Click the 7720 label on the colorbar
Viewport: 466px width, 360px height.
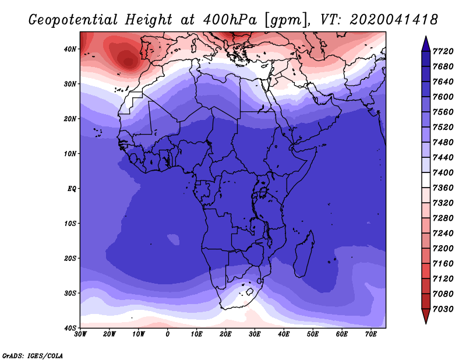tap(443, 51)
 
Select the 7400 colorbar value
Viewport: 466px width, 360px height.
tap(443, 172)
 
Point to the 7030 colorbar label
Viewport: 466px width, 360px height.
tap(443, 309)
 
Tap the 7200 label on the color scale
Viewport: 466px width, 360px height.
tap(443, 249)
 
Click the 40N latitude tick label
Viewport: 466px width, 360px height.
tap(70, 49)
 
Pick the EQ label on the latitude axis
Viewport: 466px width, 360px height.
tap(72, 189)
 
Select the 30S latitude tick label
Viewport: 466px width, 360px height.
tap(70, 294)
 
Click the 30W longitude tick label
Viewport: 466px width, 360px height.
tap(80, 334)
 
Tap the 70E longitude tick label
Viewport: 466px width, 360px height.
tap(371, 334)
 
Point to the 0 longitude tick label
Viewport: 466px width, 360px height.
tap(168, 334)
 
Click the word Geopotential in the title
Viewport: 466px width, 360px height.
tap(73, 20)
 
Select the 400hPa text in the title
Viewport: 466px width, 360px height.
tap(230, 20)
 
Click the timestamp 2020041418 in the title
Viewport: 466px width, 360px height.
tap(394, 20)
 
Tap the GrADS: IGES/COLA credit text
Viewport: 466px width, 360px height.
tap(33, 356)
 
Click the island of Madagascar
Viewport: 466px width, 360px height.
tap(304, 254)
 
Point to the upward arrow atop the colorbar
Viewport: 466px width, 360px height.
tap(426, 44)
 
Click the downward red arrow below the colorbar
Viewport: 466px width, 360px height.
tap(426, 316)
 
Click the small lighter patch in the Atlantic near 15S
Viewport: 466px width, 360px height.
tap(173, 239)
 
